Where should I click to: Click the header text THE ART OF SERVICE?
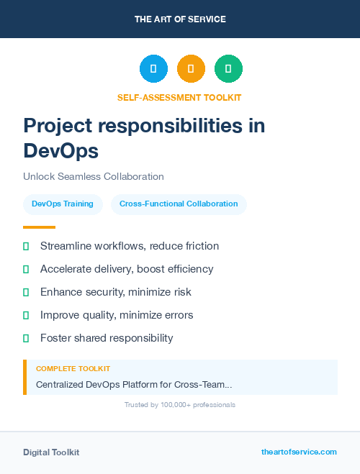tap(180, 19)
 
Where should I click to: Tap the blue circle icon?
tap(153, 69)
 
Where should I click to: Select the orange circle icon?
tap(191, 69)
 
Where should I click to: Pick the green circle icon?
tap(228, 69)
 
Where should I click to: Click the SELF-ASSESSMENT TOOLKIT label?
tap(179, 97)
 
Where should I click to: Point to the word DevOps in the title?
tap(60, 151)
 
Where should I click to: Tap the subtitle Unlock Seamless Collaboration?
tap(94, 176)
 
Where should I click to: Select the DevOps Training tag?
tap(63, 204)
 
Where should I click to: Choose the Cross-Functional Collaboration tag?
tap(179, 204)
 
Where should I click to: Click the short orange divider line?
tap(39, 227)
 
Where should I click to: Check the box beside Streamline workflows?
tap(26, 246)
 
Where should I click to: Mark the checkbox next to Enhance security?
tap(26, 292)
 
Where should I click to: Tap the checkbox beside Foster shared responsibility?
tap(26, 338)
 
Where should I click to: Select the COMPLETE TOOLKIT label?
tap(73, 369)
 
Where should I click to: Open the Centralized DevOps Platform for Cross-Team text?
tap(134, 385)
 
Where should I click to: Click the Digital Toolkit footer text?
tap(51, 452)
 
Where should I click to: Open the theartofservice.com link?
tap(299, 452)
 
